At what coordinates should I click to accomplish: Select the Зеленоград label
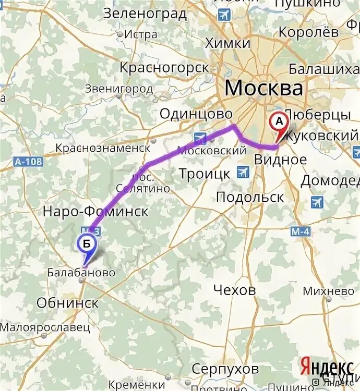click(145, 14)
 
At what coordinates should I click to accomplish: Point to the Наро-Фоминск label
click(95, 212)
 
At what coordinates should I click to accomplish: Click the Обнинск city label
click(67, 303)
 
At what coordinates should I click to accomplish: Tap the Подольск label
click(250, 197)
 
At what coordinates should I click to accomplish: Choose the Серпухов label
click(226, 369)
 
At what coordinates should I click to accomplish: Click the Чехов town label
click(235, 290)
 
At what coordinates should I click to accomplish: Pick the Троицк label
click(204, 174)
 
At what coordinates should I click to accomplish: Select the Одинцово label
click(196, 114)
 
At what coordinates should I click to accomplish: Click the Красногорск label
click(164, 68)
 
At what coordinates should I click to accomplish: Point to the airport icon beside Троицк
click(243, 172)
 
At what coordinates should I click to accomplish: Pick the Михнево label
click(328, 291)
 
